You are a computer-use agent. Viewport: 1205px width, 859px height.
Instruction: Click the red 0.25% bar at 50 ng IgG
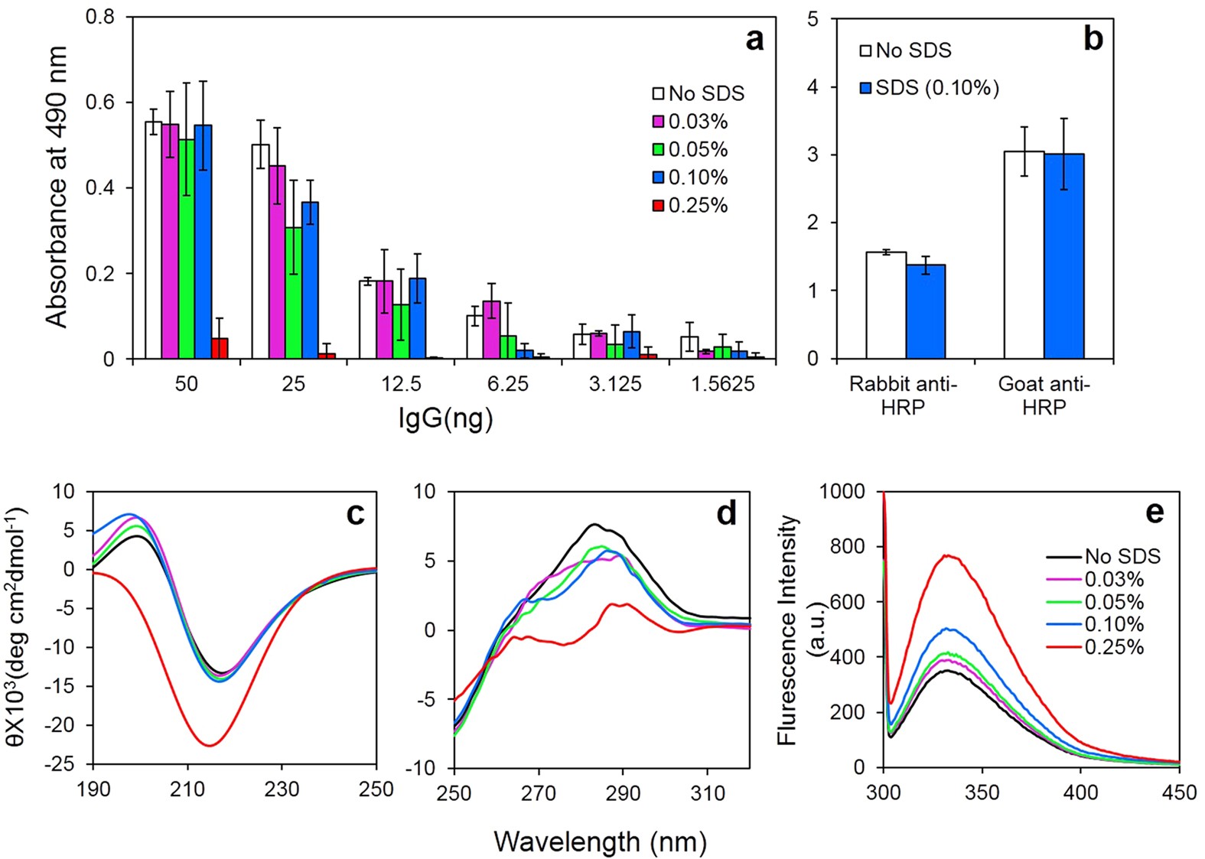coord(220,349)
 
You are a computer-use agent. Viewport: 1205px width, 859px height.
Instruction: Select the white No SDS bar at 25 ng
coord(260,252)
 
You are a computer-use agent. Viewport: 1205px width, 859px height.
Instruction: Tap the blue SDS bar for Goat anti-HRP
coord(1063,257)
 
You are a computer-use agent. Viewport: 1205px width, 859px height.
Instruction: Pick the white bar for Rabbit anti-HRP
coord(886,305)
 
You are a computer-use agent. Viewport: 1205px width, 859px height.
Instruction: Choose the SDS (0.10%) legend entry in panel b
coord(930,88)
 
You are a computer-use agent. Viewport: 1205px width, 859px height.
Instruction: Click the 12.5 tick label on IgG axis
coord(401,384)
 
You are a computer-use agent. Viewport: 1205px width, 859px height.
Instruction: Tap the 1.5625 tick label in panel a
coord(722,384)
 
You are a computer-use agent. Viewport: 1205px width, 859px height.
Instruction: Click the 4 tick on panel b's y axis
coord(812,87)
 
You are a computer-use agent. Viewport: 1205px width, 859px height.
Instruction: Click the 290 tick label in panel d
coord(623,794)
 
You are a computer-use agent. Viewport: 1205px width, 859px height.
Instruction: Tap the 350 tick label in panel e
coord(982,792)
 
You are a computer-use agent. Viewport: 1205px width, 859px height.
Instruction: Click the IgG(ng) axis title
coord(445,418)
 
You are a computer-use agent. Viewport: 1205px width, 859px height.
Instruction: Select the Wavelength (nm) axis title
coord(600,842)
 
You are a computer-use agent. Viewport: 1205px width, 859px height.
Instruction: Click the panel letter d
coord(726,513)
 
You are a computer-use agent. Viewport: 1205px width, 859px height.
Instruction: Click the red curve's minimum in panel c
coord(209,745)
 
